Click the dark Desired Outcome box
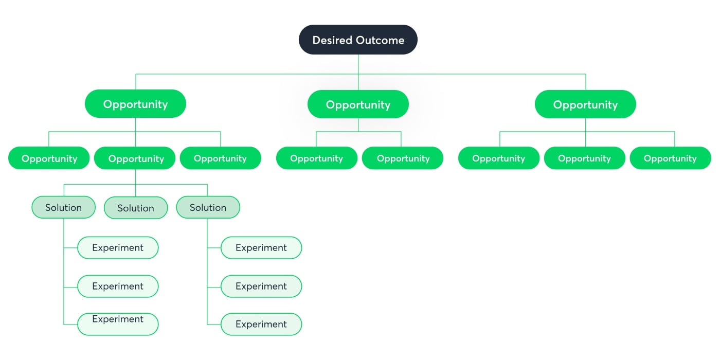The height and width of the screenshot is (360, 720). pos(358,40)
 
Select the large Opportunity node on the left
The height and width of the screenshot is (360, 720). pos(135,104)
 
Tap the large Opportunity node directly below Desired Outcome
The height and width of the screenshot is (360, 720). pos(358,104)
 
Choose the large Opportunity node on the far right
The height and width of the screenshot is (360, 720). pos(585,104)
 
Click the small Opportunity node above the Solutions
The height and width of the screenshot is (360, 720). pos(136,158)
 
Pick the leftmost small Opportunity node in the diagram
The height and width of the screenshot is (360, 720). pos(49,158)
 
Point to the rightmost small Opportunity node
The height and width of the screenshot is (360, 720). pos(670,158)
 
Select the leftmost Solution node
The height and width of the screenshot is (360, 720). pos(64,207)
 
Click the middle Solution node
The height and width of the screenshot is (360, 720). pos(136,208)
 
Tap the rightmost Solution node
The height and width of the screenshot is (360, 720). pos(208,207)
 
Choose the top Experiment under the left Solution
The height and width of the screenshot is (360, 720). pos(118,247)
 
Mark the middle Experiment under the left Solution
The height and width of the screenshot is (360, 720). pos(118,286)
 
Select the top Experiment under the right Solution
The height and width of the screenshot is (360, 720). pos(261,247)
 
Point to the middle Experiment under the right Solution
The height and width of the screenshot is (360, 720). pos(261,286)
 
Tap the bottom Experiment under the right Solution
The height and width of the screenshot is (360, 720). pos(261,324)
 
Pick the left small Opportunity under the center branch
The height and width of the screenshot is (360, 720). pos(316,158)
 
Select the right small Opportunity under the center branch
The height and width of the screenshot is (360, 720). pos(403,158)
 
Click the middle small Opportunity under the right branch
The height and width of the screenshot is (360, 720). pos(584,158)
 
